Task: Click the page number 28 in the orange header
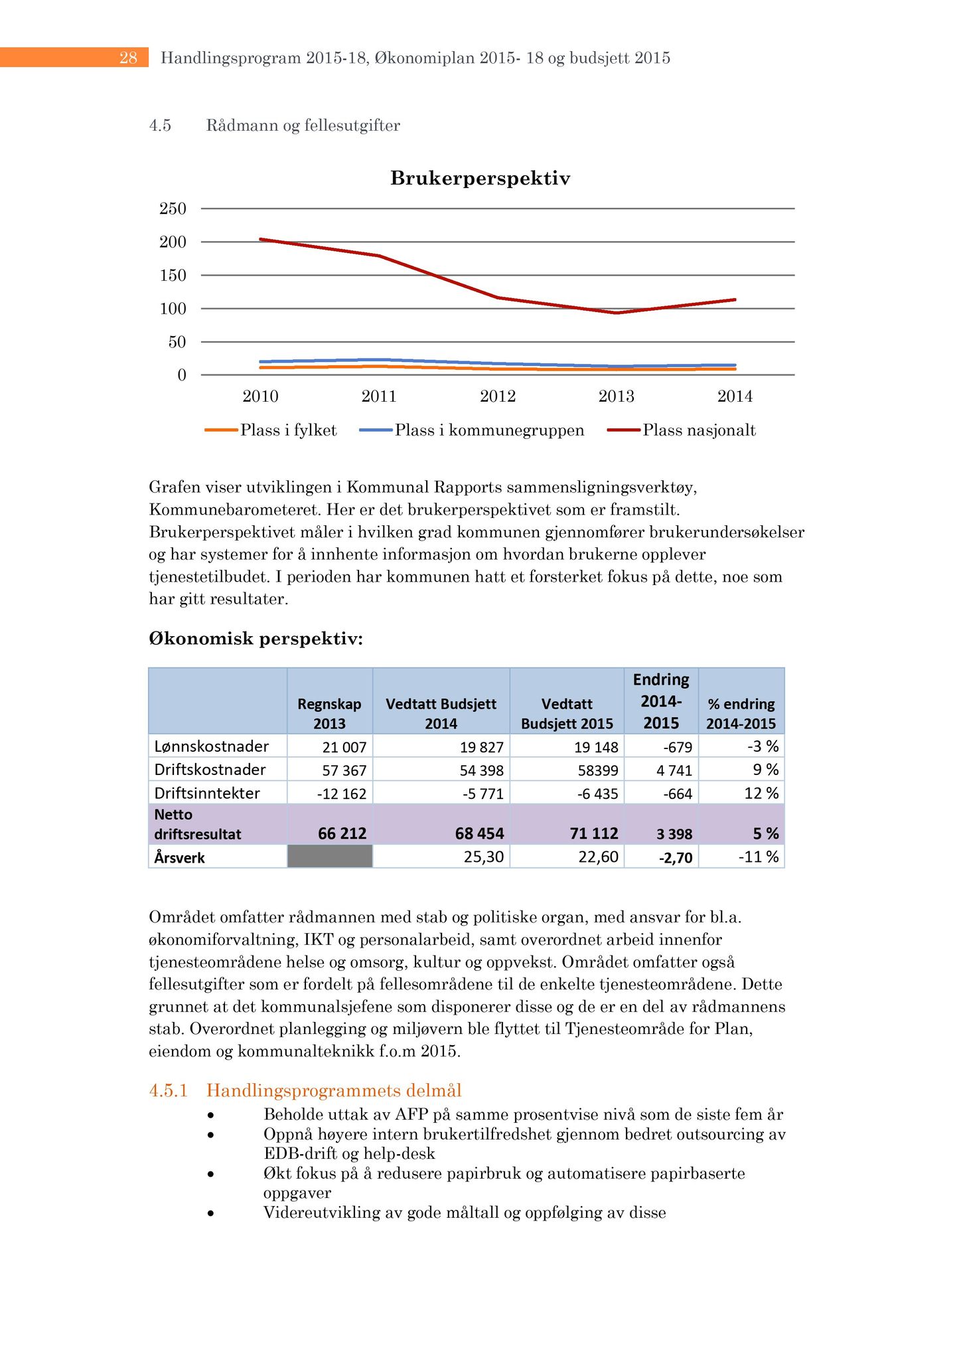(128, 58)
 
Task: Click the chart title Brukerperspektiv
(480, 179)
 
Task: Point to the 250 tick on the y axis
(173, 209)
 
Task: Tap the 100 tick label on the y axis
(173, 309)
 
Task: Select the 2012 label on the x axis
(498, 397)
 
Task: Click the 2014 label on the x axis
(735, 397)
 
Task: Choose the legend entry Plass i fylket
(288, 430)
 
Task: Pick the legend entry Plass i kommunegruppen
(489, 430)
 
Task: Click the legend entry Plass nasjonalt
(699, 430)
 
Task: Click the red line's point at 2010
(261, 239)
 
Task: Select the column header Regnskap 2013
(330, 713)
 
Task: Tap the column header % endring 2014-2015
(741, 713)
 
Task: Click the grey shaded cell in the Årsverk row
(330, 857)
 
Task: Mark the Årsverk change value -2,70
(675, 858)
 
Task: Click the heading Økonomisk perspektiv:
(256, 639)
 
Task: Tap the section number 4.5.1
(169, 1090)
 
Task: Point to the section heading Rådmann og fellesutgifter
(303, 126)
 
